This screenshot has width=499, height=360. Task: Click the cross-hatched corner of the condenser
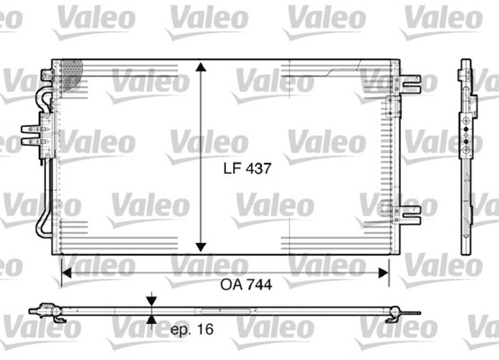click(71, 72)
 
